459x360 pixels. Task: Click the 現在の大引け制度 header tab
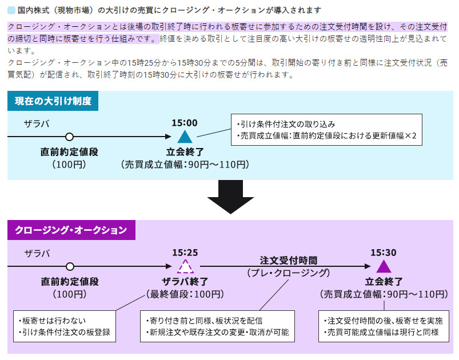(x=53, y=101)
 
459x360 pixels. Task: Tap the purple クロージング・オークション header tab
(x=71, y=230)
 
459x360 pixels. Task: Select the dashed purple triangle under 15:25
(x=185, y=266)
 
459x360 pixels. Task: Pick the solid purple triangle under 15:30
(x=384, y=266)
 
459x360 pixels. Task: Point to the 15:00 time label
(x=184, y=122)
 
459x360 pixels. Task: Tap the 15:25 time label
(x=185, y=252)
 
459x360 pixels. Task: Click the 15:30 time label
(x=384, y=252)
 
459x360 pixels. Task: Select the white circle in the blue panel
(x=70, y=137)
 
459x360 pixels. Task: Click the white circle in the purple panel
(x=70, y=266)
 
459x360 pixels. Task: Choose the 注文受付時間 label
(x=288, y=260)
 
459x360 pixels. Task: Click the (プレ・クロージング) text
(x=288, y=273)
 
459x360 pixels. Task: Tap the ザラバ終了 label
(x=185, y=281)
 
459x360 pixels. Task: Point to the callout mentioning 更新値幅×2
(x=326, y=130)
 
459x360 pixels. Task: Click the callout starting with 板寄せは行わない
(x=64, y=326)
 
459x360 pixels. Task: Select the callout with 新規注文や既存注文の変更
(x=217, y=326)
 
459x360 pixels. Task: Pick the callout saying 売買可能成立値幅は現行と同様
(x=382, y=326)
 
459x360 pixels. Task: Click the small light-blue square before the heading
(x=11, y=10)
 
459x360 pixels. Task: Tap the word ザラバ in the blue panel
(x=37, y=123)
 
